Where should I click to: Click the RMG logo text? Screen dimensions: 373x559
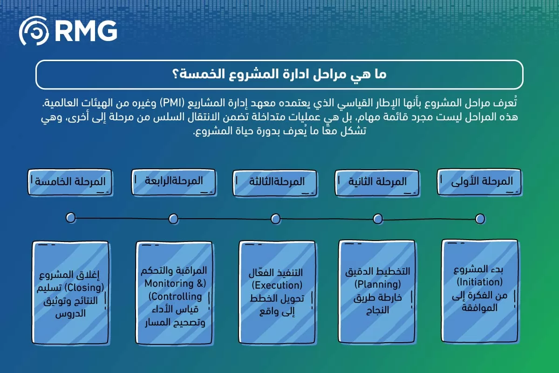click(85, 30)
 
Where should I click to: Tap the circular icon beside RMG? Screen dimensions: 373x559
click(34, 31)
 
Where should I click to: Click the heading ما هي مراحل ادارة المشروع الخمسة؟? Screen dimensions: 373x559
click(279, 74)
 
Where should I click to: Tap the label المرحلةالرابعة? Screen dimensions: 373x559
click(174, 180)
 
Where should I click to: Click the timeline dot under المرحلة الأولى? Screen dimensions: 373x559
click(480, 219)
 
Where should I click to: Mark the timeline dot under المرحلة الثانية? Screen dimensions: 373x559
click(377, 219)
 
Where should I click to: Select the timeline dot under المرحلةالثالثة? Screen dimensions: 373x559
click(275, 219)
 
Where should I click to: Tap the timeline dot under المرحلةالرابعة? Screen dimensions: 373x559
click(173, 219)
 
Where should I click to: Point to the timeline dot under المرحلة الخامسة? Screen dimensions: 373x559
click(71, 217)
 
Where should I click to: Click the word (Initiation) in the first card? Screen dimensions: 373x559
click(479, 283)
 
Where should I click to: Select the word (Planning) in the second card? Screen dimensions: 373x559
click(377, 284)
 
